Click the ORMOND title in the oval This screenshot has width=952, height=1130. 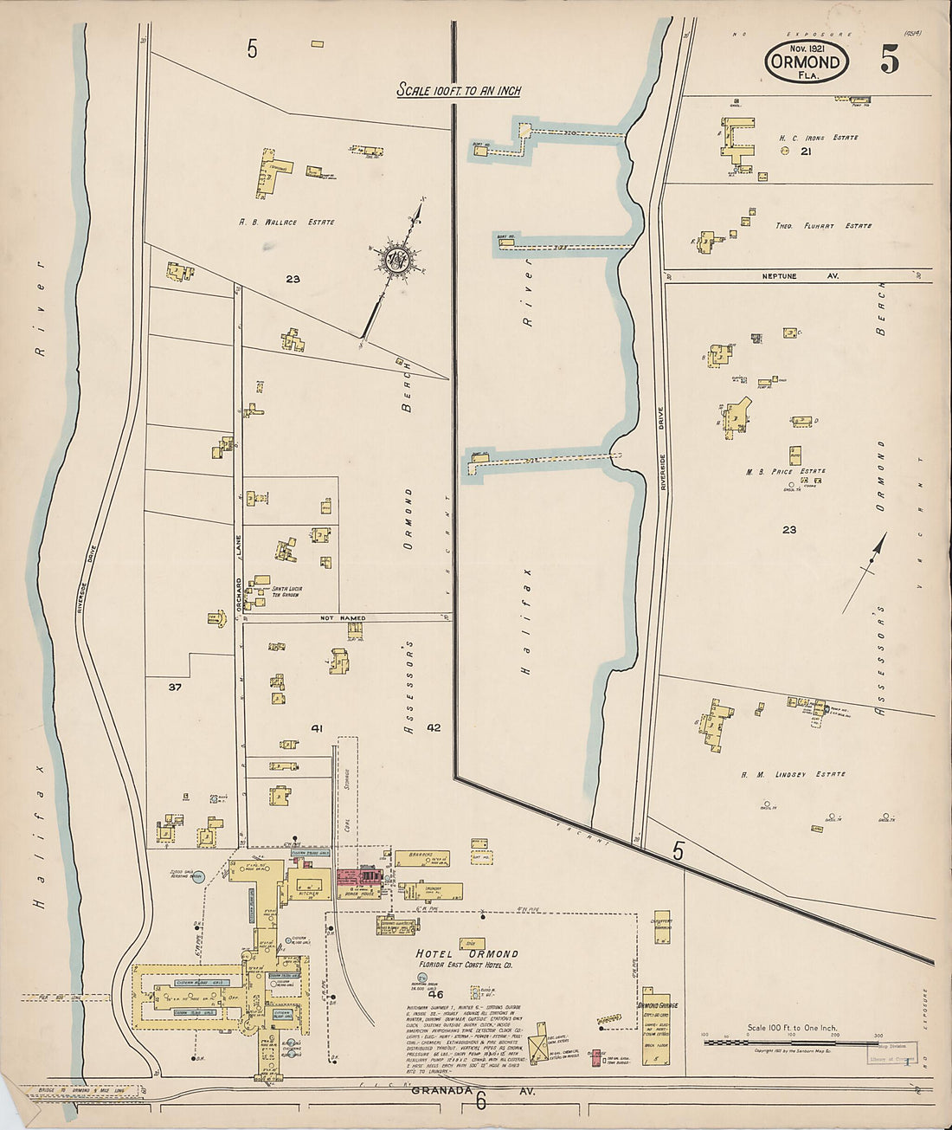pyautogui.click(x=806, y=62)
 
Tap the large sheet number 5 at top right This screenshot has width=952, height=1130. pyautogui.click(x=890, y=59)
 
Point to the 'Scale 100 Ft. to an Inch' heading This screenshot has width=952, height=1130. pyautogui.click(x=459, y=90)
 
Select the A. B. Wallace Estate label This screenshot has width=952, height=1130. pyautogui.click(x=286, y=223)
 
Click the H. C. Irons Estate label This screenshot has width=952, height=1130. pyautogui.click(x=818, y=138)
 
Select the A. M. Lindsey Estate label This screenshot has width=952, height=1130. pyautogui.click(x=806, y=774)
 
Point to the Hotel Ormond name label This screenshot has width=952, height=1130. pyautogui.click(x=467, y=954)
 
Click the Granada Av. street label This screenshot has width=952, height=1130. pyautogui.click(x=476, y=1092)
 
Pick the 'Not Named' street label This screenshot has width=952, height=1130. pyautogui.click(x=343, y=618)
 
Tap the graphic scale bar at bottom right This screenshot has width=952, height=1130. pyautogui.click(x=791, y=1043)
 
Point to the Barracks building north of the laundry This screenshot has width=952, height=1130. pyautogui.click(x=422, y=858)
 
